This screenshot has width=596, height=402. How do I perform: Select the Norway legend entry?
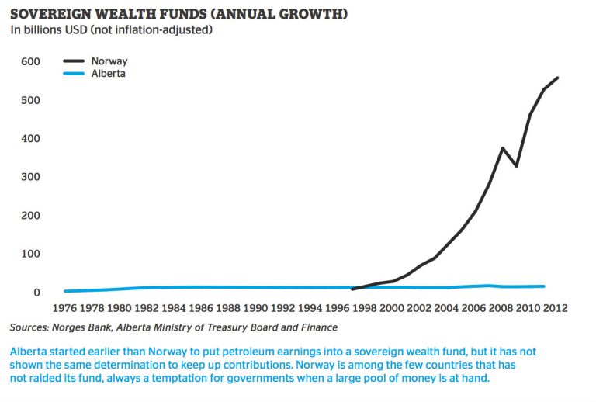click(109, 61)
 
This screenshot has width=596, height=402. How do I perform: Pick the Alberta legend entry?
click(108, 74)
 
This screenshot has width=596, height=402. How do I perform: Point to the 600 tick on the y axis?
click(30, 62)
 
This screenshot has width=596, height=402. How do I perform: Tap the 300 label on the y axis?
click(30, 177)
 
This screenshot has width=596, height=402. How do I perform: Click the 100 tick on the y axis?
click(30, 254)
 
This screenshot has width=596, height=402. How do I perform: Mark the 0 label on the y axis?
click(36, 293)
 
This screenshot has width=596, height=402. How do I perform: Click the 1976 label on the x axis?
click(64, 308)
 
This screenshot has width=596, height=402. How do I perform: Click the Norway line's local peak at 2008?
click(503, 148)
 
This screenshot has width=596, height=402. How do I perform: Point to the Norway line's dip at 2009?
click(516, 166)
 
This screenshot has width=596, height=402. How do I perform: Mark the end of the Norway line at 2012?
click(558, 78)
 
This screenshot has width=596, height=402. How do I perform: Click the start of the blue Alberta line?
click(65, 291)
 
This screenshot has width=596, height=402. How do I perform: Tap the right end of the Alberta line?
click(543, 286)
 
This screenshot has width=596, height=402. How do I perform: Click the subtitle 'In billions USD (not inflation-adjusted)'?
click(111, 30)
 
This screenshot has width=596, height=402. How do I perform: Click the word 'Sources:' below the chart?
click(30, 327)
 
